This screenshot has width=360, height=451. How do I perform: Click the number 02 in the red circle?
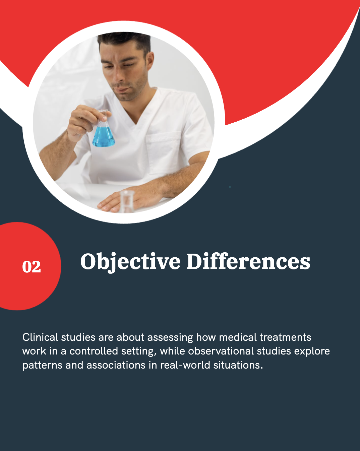pyautogui.click(x=32, y=267)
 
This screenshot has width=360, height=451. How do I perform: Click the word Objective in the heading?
pyautogui.click(x=130, y=262)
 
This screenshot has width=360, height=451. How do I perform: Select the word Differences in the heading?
pyautogui.click(x=248, y=261)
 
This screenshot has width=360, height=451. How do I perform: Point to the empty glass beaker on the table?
pyautogui.click(x=127, y=201)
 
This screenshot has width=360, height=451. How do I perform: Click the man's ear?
pyautogui.click(x=150, y=61)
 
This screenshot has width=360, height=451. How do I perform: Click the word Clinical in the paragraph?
pyautogui.click(x=40, y=337)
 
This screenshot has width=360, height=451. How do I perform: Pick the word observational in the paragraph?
pyautogui.click(x=221, y=351)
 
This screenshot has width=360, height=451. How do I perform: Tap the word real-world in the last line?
pyautogui.click(x=185, y=365)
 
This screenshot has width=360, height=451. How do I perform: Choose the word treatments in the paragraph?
pyautogui.click(x=285, y=337)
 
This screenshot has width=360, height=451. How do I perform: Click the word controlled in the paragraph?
pyautogui.click(x=94, y=351)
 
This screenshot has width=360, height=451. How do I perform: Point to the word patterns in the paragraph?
pyautogui.click(x=42, y=366)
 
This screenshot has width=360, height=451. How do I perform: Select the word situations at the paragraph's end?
pyautogui.click(x=238, y=365)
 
